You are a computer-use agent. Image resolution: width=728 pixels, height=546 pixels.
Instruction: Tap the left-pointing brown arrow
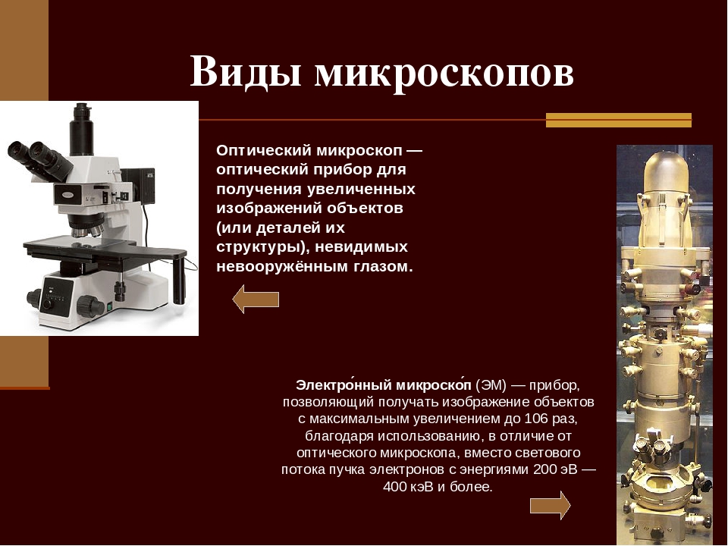pyautogui.click(x=256, y=300)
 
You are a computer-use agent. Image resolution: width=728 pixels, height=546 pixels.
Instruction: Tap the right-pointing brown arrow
pyautogui.click(x=551, y=505)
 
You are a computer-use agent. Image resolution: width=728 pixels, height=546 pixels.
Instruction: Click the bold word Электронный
pyautogui.click(x=344, y=385)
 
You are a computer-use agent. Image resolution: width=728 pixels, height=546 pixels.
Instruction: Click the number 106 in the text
pyautogui.click(x=537, y=419)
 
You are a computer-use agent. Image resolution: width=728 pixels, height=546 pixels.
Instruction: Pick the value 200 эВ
pyautogui.click(x=555, y=469)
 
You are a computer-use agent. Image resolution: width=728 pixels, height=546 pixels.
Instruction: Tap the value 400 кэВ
pyautogui.click(x=408, y=487)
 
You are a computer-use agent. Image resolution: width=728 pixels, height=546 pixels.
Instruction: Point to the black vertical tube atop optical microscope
pyautogui.click(x=82, y=129)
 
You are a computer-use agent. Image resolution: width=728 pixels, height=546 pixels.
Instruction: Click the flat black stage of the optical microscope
pyautogui.click(x=105, y=251)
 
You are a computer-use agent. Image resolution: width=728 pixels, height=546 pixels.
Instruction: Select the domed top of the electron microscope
pyautogui.click(x=665, y=171)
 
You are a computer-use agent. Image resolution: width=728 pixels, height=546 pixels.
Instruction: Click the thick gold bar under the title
pyautogui.click(x=619, y=121)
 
